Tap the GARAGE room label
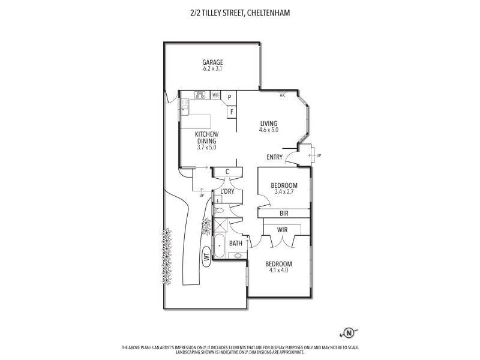(212, 62)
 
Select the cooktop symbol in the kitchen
(200, 95)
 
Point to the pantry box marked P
(229, 97)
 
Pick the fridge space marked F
(231, 112)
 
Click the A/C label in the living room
(282, 95)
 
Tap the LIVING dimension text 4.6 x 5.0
(268, 130)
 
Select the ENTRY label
(275, 157)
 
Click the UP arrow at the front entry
(316, 155)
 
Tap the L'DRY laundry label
(227, 191)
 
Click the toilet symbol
(219, 211)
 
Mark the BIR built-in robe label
(284, 213)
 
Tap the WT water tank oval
(205, 257)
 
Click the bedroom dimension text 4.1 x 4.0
(280, 270)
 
